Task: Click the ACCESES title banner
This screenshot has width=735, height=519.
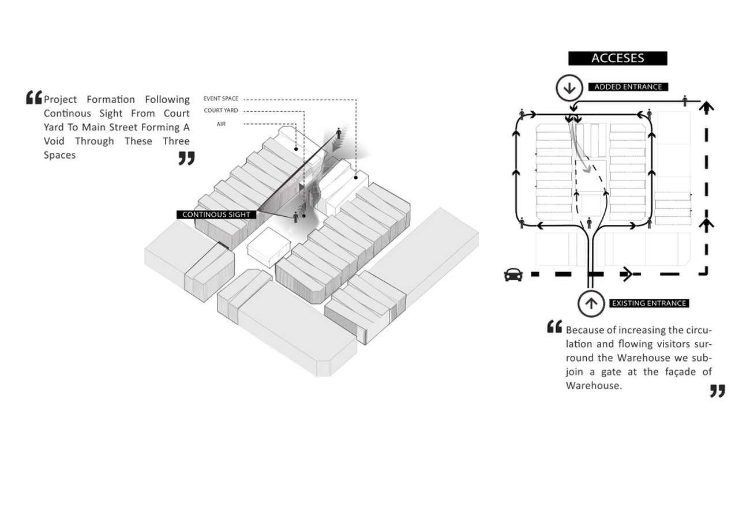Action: (617, 58)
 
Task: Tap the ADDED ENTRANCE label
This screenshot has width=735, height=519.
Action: (628, 87)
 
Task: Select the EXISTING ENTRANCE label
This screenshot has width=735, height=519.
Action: (649, 303)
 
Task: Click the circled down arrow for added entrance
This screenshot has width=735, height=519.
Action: (569, 88)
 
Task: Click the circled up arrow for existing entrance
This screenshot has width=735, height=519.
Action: (591, 303)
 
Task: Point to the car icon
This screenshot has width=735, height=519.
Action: (513, 275)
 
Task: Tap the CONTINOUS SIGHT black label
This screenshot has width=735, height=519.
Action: (216, 215)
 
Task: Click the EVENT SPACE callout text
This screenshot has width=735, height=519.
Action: (221, 99)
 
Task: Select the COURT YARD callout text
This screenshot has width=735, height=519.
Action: (221, 111)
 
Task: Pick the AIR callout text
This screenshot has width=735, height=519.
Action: (221, 124)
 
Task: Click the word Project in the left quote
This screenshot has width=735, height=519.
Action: (61, 100)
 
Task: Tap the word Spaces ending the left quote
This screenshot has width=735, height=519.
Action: (60, 155)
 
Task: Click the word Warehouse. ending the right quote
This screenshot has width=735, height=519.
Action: (594, 385)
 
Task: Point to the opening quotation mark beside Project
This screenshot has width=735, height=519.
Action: (34, 97)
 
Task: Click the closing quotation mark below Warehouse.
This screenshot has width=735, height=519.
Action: (717, 391)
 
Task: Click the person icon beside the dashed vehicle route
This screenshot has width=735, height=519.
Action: (685, 100)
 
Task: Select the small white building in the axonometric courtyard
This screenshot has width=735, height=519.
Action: (269, 247)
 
